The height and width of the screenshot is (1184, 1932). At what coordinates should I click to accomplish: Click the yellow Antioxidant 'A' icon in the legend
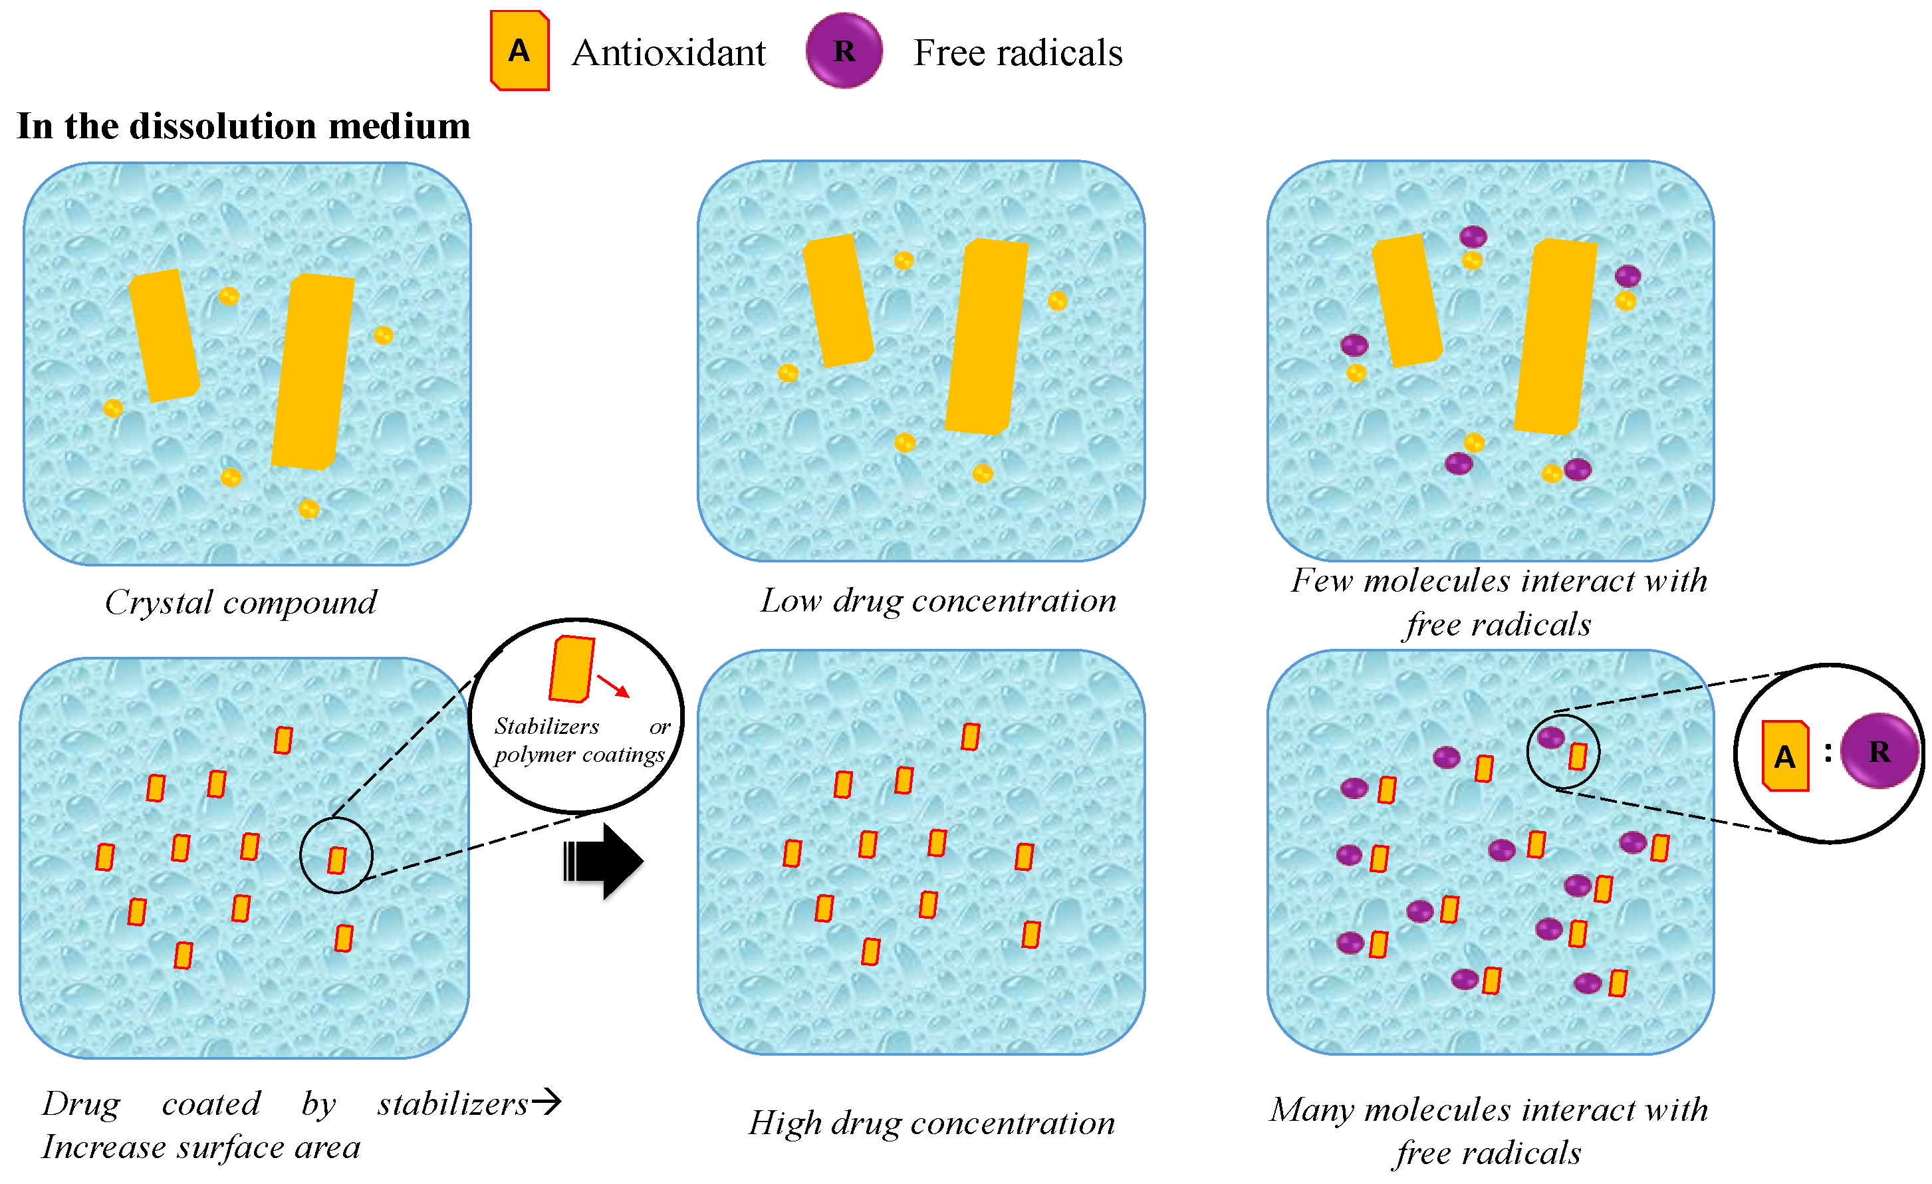(x=519, y=51)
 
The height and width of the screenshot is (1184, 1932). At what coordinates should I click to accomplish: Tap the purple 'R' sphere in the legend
(x=844, y=51)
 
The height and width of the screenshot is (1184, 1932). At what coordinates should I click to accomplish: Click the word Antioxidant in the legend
(x=668, y=53)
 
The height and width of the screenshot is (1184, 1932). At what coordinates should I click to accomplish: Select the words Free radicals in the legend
(x=1017, y=53)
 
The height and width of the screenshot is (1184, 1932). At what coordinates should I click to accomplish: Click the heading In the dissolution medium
(x=243, y=126)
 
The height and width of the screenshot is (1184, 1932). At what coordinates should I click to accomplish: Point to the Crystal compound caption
(x=240, y=602)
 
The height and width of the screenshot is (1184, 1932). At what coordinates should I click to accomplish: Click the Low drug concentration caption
(x=938, y=600)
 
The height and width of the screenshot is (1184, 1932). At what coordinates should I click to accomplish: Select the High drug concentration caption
(x=931, y=1123)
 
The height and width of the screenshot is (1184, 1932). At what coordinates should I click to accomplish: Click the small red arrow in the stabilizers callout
(x=613, y=685)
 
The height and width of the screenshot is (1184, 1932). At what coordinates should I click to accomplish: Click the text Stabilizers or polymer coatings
(x=578, y=740)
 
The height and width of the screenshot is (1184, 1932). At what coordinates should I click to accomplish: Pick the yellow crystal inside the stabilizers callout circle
(x=571, y=669)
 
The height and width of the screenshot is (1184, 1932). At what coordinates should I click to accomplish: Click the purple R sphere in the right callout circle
(x=1878, y=751)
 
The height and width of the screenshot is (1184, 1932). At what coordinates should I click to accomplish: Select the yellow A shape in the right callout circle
(x=1785, y=756)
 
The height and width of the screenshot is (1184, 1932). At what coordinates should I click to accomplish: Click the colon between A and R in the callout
(x=1828, y=753)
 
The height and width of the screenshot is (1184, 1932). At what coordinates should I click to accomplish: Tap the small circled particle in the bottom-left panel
(x=336, y=860)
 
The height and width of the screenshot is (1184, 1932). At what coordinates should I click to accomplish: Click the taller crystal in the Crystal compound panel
(x=312, y=372)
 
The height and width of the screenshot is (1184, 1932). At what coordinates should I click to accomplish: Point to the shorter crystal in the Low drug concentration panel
(x=838, y=301)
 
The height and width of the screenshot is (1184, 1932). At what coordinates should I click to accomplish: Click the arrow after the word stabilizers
(x=546, y=1102)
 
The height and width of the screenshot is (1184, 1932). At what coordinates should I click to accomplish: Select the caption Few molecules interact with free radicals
(x=1498, y=602)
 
